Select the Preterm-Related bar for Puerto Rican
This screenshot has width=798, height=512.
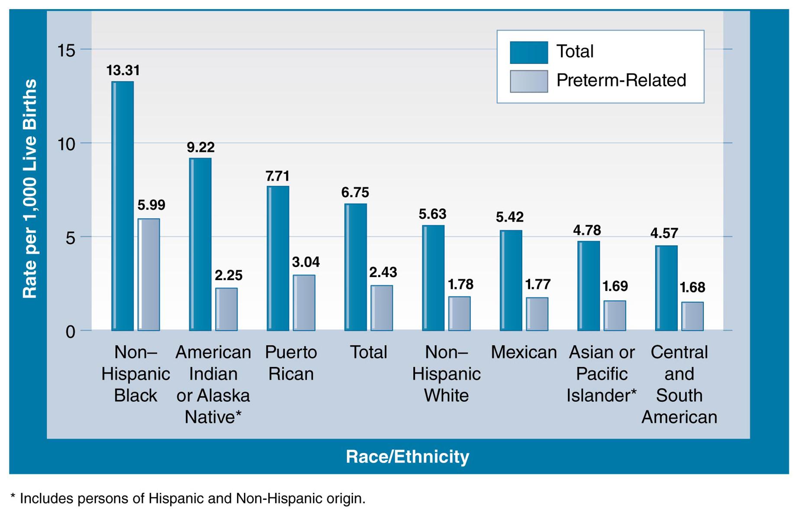point(304,303)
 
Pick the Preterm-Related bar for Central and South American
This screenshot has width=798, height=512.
point(692,316)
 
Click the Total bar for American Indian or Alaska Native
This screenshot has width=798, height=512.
point(200,245)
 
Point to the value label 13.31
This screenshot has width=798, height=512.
point(123,70)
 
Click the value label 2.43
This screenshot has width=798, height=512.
point(383,272)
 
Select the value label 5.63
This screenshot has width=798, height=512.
point(432,214)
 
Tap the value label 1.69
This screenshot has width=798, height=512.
point(615,286)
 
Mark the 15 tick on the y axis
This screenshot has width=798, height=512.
point(66,50)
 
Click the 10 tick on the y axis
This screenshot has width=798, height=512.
point(66,144)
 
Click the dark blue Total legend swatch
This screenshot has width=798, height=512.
point(528,52)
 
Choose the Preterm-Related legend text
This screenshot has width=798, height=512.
point(621,81)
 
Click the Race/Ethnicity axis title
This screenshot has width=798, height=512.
point(407,457)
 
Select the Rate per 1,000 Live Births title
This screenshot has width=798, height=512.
point(29,189)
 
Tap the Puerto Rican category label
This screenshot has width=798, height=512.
point(291,363)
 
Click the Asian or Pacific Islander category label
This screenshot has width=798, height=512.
point(602,374)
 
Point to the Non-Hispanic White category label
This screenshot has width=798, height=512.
point(446,374)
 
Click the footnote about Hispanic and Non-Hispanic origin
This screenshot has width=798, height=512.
point(188,499)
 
